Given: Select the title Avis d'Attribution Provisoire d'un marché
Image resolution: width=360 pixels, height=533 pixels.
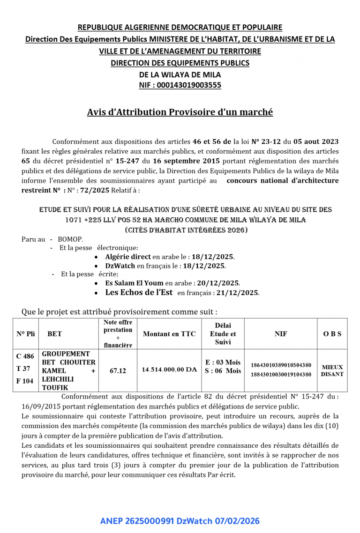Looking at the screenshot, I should [x=180, y=112].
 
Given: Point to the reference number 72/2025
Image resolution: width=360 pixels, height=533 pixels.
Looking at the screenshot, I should [x=95, y=191].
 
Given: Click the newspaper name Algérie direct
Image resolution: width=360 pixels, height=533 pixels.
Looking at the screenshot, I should [x=128, y=257].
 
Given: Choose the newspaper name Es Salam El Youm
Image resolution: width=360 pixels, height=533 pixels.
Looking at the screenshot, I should [x=134, y=283].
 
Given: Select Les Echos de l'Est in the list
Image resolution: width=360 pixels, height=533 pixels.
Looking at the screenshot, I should [x=139, y=293].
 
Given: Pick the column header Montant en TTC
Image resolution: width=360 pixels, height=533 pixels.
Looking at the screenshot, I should [x=169, y=334].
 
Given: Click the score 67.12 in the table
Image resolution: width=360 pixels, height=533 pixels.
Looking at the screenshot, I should [x=118, y=370].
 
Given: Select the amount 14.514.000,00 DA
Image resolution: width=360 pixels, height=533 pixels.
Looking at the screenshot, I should [x=169, y=370].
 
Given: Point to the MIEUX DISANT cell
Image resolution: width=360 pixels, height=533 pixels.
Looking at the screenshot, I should [x=332, y=370].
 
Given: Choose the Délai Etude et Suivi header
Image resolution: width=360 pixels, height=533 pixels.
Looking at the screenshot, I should [x=223, y=333].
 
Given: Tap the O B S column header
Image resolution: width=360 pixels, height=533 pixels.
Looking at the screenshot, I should [x=332, y=334].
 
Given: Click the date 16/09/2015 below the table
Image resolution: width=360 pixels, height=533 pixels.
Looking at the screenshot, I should [x=40, y=407].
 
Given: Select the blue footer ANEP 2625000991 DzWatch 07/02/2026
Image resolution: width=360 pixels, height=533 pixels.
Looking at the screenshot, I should [x=180, y=521].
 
